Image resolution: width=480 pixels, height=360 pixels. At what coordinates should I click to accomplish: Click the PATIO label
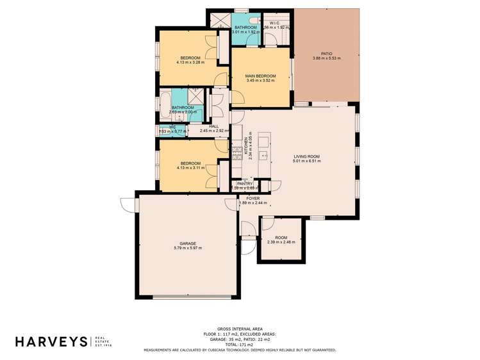(326, 54)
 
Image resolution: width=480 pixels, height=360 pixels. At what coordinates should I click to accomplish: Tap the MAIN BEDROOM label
(260, 76)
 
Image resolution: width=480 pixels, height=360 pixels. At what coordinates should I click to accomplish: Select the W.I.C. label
(274, 23)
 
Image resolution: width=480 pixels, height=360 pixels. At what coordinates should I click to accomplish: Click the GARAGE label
(187, 243)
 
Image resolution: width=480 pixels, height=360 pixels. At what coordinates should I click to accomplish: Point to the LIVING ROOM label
(306, 156)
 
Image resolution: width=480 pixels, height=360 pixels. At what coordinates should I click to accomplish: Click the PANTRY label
(245, 183)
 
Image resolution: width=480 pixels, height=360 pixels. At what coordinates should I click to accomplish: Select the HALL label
(214, 126)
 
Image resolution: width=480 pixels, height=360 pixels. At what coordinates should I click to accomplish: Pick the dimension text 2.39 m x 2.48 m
(281, 242)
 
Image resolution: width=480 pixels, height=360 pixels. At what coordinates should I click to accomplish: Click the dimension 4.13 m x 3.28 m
(190, 62)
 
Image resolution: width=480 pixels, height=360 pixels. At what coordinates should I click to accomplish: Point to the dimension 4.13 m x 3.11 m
(190, 168)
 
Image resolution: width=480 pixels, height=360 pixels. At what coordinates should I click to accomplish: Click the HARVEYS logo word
(51, 341)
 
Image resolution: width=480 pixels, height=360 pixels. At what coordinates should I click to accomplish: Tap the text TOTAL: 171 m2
(240, 345)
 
